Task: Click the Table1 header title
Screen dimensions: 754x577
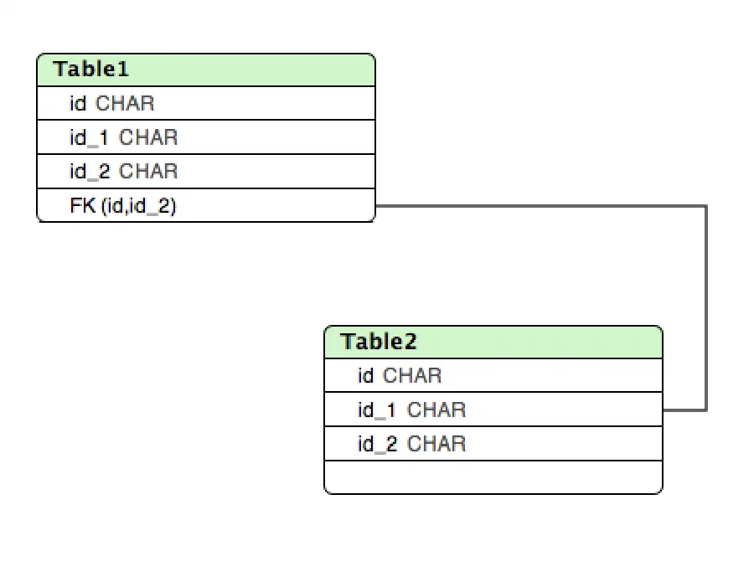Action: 90,70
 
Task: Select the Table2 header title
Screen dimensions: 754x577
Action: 379,342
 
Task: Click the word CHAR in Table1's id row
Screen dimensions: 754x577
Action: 125,103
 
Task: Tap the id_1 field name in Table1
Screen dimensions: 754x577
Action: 90,138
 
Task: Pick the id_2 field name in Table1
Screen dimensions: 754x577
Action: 90,172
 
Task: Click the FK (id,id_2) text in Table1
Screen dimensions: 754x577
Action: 123,206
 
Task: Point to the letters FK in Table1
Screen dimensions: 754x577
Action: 83,205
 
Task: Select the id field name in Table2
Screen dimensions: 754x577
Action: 366,375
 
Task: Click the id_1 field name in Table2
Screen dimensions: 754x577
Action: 377,410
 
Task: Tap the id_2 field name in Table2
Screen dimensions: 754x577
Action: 378,444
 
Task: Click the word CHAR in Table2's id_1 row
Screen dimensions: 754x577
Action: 436,410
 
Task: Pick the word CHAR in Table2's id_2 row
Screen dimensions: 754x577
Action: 436,444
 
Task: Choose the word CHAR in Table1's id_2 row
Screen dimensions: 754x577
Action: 148,172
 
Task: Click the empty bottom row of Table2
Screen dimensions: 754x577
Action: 493,477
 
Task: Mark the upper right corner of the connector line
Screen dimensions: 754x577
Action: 706,206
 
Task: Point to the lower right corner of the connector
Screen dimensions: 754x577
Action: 706,410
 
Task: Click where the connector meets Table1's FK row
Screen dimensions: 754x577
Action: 375,206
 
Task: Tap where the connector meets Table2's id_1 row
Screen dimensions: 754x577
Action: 664,410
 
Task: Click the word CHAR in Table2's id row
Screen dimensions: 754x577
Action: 412,375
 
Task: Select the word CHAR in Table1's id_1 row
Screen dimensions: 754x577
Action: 148,138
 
